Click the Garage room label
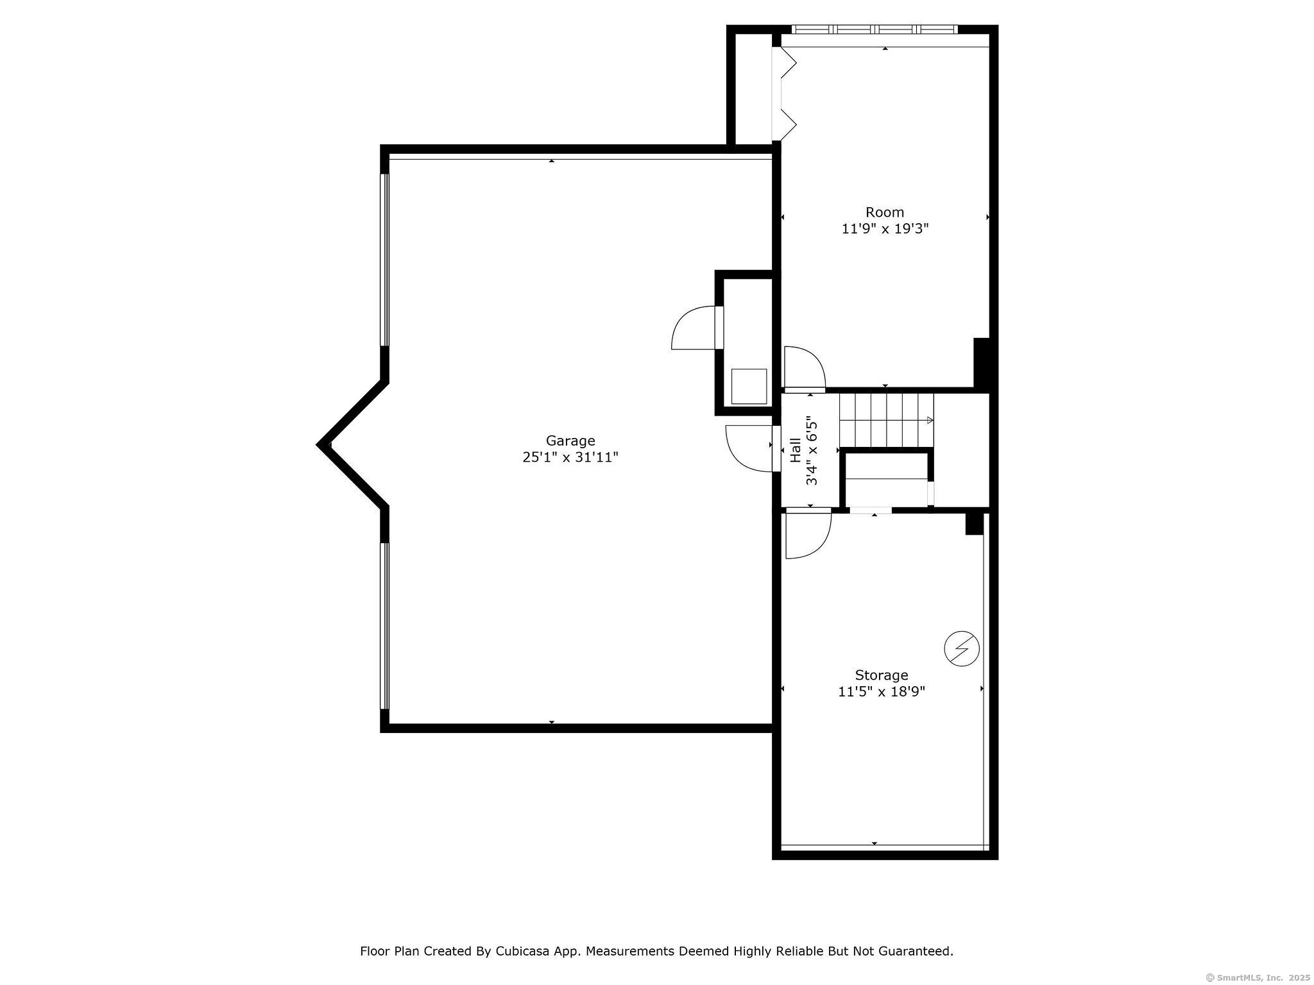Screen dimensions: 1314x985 click(x=570, y=441)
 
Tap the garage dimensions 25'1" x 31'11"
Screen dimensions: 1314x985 click(x=570, y=457)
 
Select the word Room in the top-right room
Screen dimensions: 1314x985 click(x=885, y=212)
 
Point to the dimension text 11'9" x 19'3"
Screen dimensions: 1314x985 click(x=885, y=228)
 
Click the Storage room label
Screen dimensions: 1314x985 click(x=882, y=675)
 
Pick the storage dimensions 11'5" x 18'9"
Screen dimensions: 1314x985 click(x=882, y=691)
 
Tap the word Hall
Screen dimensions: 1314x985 click(x=796, y=450)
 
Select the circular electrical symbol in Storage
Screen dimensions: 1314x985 click(x=962, y=649)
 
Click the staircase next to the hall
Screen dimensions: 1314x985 click(x=887, y=420)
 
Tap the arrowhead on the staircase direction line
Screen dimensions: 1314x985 click(x=930, y=421)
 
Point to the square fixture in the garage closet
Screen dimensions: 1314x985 click(x=749, y=386)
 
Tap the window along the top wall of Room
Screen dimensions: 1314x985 click(x=875, y=29)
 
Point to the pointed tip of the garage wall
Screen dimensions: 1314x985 click(x=319, y=444)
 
